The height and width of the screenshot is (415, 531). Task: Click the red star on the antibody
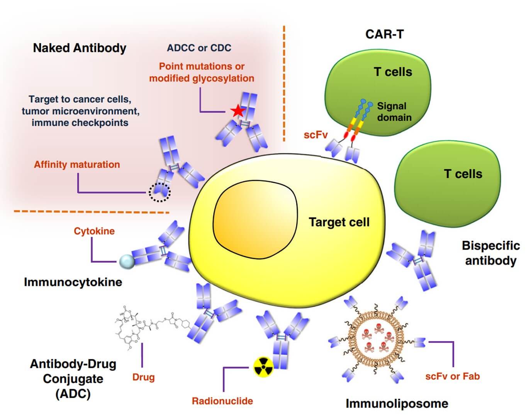(238, 111)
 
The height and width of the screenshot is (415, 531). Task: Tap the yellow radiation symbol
(263, 367)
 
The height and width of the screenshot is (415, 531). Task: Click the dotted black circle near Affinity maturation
(159, 192)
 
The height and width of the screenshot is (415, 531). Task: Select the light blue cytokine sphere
(127, 262)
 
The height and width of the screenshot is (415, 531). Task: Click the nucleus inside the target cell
(255, 220)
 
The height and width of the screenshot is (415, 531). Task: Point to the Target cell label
(339, 222)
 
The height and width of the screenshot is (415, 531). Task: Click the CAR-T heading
(384, 34)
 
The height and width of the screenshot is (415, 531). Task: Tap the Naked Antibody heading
(80, 48)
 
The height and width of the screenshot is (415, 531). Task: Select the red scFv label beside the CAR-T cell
(316, 135)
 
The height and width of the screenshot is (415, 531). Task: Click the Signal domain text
(394, 112)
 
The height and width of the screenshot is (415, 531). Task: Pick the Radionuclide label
(222, 401)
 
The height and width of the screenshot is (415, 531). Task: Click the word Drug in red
(143, 377)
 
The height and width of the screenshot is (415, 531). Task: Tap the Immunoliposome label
(397, 403)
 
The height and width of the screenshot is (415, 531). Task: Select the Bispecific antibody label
(490, 253)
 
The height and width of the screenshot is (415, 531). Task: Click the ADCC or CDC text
(199, 48)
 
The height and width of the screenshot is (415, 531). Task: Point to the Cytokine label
(94, 231)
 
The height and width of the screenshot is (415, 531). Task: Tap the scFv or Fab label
(452, 376)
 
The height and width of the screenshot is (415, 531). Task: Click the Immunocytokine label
(73, 282)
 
